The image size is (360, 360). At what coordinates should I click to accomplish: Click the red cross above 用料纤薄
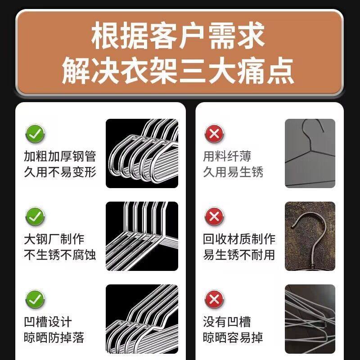pos(215,134)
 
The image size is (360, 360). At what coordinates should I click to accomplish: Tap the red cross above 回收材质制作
pos(215,217)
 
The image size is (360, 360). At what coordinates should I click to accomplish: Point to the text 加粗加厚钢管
pos(60,156)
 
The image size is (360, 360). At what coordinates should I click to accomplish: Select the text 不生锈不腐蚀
pos(60,255)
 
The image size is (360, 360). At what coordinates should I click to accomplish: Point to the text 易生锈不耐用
pos(239,255)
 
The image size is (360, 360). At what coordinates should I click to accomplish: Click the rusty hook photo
pos(310,236)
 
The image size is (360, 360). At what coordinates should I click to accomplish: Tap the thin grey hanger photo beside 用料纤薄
pos(310,153)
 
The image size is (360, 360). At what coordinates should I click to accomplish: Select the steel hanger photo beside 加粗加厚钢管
pos(142,153)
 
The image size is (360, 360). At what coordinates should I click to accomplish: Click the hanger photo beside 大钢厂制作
pos(142,236)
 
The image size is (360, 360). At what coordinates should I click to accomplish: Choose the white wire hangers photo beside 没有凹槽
pos(310,319)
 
